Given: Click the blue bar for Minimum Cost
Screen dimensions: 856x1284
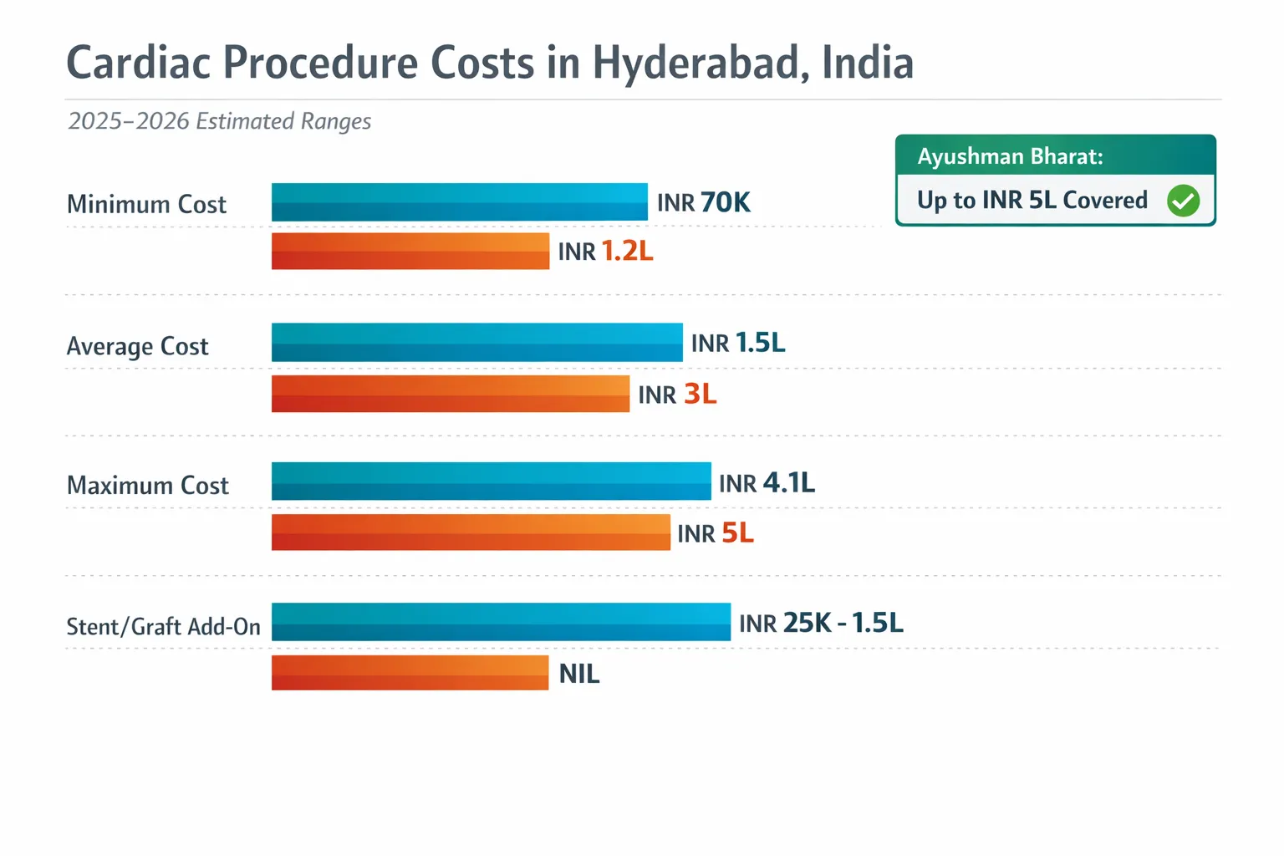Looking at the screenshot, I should tap(459, 202).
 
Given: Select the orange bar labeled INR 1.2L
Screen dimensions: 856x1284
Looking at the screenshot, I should tap(410, 251).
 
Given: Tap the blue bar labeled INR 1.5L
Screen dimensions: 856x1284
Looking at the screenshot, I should tap(476, 343).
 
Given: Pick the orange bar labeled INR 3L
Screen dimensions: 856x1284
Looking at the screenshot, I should tap(450, 394).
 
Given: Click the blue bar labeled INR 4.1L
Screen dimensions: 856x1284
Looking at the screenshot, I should tap(491, 481).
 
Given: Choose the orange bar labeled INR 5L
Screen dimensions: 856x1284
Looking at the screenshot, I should tap(471, 532).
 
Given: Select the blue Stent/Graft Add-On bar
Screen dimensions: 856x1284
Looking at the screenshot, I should tap(501, 622).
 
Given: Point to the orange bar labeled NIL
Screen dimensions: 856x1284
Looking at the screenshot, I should tap(410, 673).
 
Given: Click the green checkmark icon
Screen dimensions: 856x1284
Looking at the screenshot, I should tap(1183, 201).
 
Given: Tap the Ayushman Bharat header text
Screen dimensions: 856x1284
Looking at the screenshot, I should tap(1010, 156).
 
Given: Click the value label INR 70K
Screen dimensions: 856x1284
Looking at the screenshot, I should tap(703, 202).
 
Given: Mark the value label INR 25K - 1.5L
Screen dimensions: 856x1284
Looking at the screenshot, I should tap(821, 623).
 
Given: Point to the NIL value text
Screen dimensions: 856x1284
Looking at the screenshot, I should tap(578, 674).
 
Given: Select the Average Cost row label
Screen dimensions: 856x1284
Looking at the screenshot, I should tap(137, 346).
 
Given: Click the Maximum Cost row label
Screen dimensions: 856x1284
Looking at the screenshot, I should tap(147, 486).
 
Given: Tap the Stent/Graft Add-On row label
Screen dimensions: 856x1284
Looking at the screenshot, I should tap(163, 626).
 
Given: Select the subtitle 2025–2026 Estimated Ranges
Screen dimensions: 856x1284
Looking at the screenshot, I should tap(219, 121).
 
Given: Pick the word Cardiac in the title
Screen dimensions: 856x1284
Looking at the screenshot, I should tap(138, 64).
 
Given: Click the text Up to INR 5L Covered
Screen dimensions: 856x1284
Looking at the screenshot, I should tap(1032, 201).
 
